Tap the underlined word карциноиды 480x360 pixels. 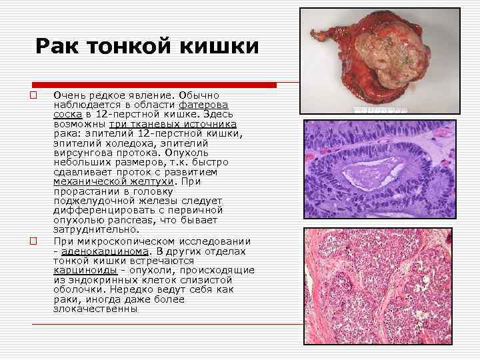(85, 270)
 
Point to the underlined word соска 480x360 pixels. (67, 115)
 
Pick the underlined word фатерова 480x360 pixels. (203, 105)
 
